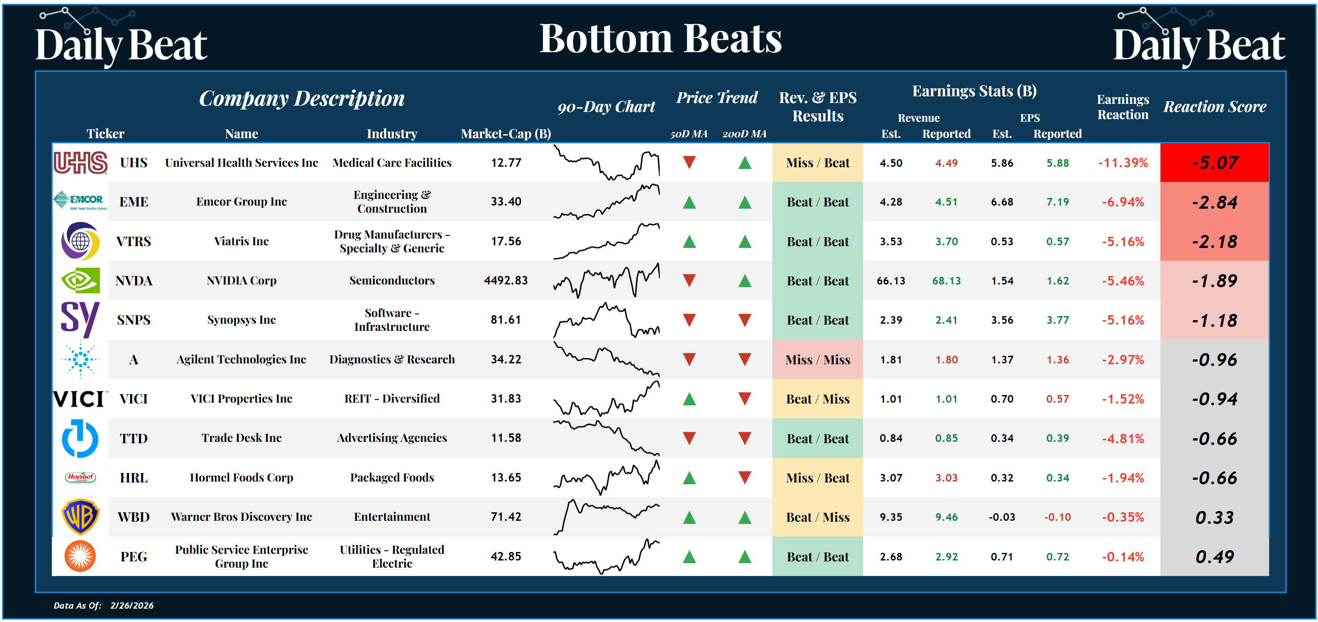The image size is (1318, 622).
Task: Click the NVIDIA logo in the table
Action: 80,280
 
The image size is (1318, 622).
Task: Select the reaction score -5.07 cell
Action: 1214,163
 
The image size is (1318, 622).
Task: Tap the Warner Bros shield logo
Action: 80,517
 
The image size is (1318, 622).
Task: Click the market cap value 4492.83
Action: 505,280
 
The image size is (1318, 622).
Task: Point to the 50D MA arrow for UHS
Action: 689,163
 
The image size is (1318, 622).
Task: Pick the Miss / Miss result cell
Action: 817,359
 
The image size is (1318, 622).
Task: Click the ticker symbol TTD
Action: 133,438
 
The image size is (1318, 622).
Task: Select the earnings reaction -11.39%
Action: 1123,163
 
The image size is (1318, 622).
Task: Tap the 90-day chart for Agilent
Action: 606,359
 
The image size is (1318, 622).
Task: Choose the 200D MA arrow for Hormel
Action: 744,478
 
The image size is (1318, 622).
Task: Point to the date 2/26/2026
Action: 132,606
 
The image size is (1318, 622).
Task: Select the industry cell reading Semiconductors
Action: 392,280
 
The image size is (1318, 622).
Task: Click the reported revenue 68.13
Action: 946,281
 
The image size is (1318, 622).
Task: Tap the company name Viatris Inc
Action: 241,241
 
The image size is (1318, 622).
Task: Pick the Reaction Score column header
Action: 1215,107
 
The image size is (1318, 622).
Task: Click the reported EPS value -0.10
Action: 1057,517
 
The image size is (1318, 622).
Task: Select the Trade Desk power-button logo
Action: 80,438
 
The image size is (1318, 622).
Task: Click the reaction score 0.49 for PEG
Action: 1214,556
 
